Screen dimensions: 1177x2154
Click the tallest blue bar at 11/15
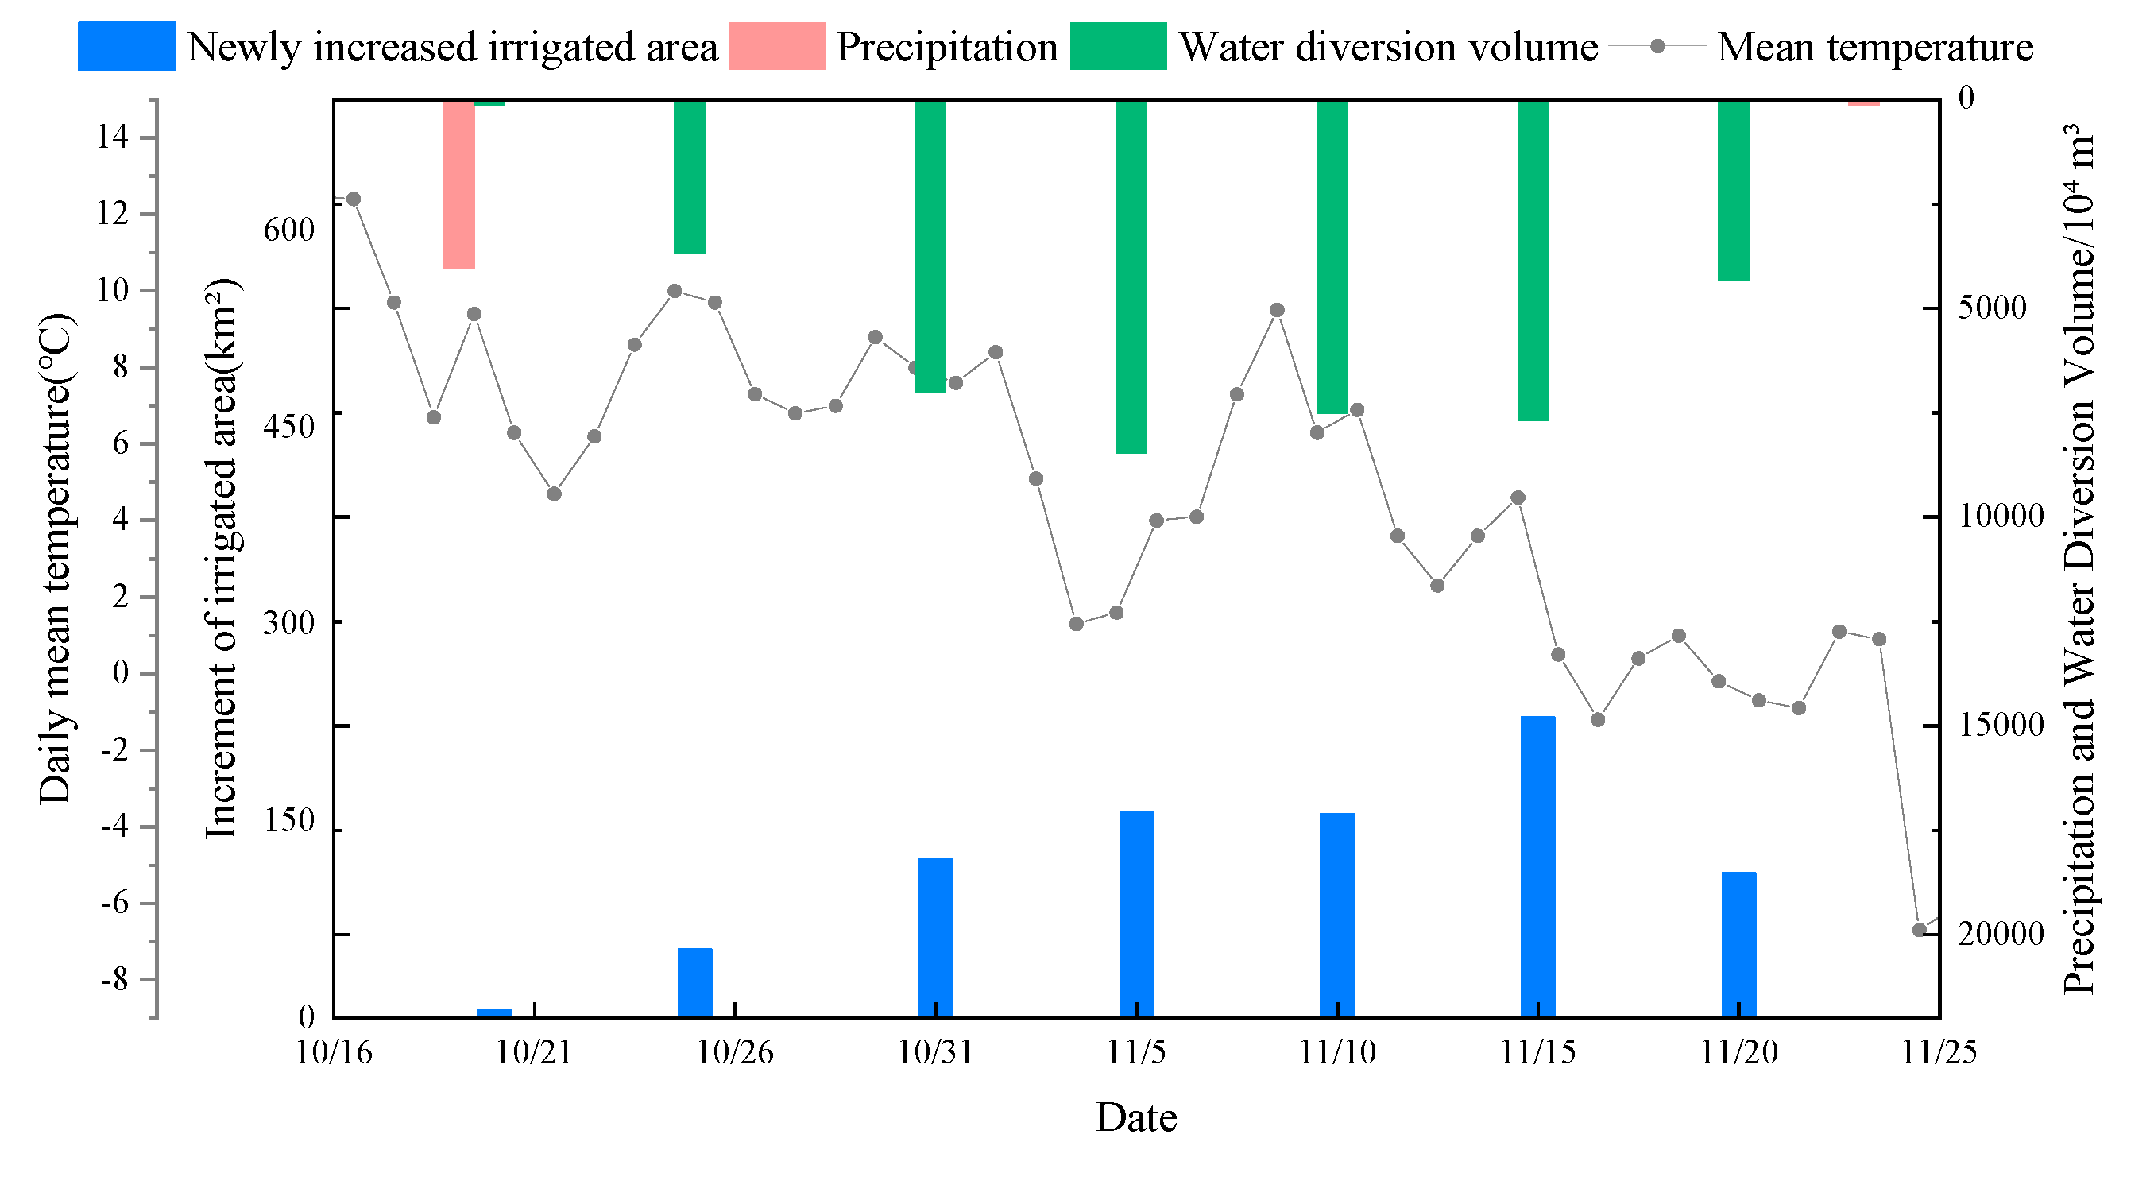(1537, 865)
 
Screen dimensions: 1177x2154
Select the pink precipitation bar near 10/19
(459, 184)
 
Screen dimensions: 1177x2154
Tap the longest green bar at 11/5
(1131, 276)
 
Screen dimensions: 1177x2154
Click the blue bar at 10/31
(935, 937)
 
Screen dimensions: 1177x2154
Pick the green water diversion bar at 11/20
(1733, 191)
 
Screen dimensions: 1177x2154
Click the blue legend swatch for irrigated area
(126, 46)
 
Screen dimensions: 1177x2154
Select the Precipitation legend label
(946, 47)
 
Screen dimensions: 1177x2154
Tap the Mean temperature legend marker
(1657, 46)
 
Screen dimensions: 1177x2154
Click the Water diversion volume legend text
(1388, 47)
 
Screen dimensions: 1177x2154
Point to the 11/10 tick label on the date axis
(1337, 1051)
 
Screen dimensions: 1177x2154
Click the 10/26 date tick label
(734, 1051)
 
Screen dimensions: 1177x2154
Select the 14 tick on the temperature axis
(112, 137)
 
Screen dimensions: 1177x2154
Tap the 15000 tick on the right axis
(2001, 725)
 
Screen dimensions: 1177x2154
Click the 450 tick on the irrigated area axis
(288, 426)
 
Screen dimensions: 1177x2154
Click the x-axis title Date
(1135, 1117)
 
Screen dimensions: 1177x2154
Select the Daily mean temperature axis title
(55, 559)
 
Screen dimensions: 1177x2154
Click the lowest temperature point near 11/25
(1919, 930)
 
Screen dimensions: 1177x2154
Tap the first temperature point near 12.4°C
(353, 199)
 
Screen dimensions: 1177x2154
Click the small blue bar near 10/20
(493, 1012)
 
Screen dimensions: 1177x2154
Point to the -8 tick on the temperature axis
(114, 980)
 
